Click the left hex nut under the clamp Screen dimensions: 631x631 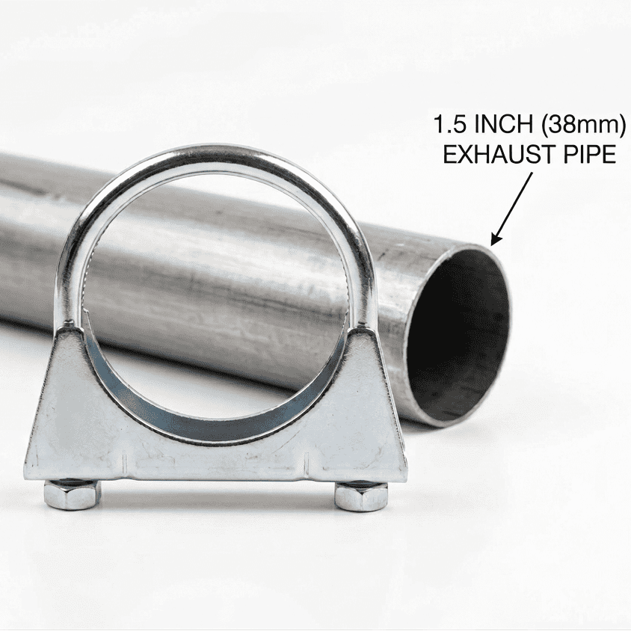coord(71,494)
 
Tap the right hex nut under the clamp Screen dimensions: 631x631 coord(361,496)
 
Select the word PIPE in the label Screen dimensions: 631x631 coord(588,155)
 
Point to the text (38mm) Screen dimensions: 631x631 coord(579,123)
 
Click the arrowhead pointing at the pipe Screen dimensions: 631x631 coord(494,241)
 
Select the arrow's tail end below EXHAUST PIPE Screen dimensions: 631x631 coord(533,173)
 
